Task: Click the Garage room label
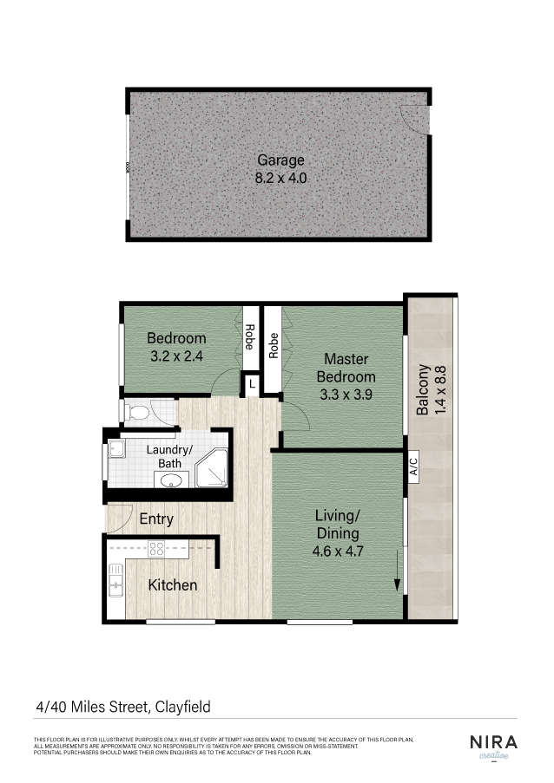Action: tap(280, 160)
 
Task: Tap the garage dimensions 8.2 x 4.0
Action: tap(280, 179)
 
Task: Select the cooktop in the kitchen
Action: tap(157, 548)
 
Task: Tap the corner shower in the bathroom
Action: tap(211, 468)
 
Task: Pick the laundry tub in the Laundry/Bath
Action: tap(115, 450)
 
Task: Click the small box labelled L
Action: tap(252, 382)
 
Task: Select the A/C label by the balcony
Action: tap(414, 467)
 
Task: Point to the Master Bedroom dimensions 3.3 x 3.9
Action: tap(346, 395)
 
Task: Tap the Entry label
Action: tap(156, 519)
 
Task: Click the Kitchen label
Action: tap(172, 585)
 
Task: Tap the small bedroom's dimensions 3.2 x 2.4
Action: tap(175, 356)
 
